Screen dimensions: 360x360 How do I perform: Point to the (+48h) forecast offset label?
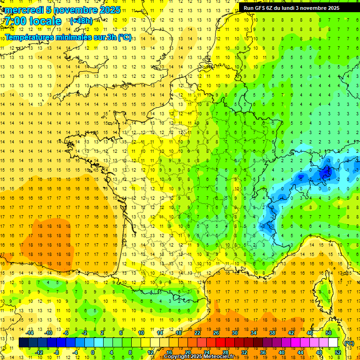coord(81,21)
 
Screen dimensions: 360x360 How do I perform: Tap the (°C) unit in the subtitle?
coord(124,37)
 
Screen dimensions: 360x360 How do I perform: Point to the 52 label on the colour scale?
coord(338,352)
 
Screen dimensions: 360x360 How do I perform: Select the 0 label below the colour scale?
coord(93,352)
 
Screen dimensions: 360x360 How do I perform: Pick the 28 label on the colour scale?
coord(225,352)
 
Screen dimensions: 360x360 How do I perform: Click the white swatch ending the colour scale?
coord(333,343)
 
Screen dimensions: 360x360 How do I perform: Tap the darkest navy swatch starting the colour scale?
coord(23,343)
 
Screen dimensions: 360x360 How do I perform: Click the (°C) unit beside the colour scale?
coord(349,343)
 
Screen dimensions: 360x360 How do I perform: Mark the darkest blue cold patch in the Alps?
coord(325,173)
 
